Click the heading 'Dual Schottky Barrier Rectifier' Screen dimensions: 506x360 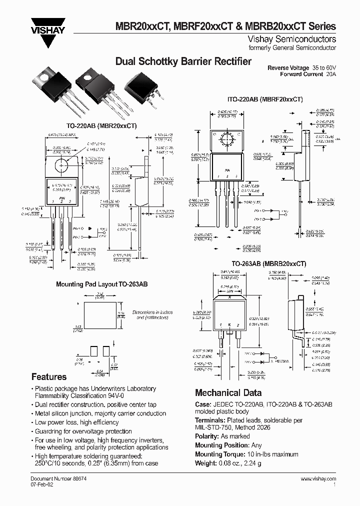[183, 61]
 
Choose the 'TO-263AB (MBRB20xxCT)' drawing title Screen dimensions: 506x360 [268, 263]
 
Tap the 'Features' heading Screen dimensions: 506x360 [49, 377]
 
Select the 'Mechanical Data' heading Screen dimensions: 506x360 [228, 392]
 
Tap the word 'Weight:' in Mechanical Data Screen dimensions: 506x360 [206, 462]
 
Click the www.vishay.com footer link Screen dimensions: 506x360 [318, 479]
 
